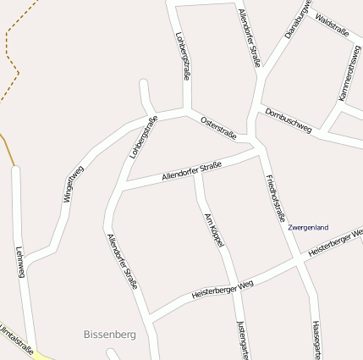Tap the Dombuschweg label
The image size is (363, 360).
288,120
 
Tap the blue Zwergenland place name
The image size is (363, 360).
308,228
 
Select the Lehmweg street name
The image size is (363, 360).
20,263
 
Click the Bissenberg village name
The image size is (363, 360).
110,335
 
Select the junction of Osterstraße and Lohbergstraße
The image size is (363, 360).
187,109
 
